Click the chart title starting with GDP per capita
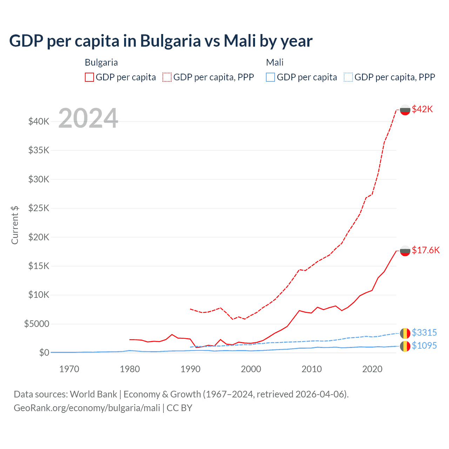tap(161, 41)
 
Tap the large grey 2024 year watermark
tap(88, 118)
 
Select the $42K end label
tap(422, 109)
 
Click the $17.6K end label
tap(425, 250)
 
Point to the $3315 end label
tap(424, 333)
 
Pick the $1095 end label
tap(424, 346)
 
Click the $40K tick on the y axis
tap(39, 122)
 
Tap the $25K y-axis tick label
tap(39, 208)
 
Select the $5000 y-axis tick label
tap(36, 324)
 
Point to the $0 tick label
tap(44, 353)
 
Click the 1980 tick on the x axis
tap(130, 369)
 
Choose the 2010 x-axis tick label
tap(311, 369)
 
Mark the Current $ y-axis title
tap(15, 225)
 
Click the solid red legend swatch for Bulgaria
tap(89, 77)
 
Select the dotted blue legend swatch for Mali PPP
tap(348, 77)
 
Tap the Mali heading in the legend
tap(275, 62)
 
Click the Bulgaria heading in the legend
tap(101, 62)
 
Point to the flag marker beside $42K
tap(405, 110)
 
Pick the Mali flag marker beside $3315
tap(405, 333)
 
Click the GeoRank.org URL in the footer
tap(87, 408)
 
